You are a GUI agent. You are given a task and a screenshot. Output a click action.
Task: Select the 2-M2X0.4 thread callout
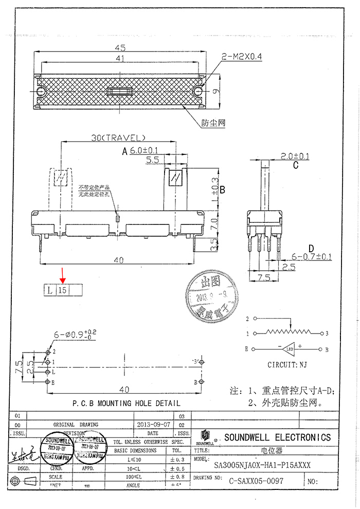(x=241, y=57)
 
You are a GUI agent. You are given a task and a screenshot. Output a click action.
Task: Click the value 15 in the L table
(x=63, y=290)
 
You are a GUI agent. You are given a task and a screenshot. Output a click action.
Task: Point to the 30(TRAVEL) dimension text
(x=118, y=137)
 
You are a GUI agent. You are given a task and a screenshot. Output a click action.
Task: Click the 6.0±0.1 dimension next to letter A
(x=143, y=150)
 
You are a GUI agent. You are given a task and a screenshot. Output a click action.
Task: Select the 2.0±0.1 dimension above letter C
(x=295, y=156)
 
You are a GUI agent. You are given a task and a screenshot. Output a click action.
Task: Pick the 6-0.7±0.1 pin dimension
(x=312, y=256)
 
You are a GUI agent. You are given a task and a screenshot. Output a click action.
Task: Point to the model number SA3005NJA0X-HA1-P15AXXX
(x=262, y=465)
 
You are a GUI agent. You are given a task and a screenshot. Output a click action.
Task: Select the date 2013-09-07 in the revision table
(x=154, y=425)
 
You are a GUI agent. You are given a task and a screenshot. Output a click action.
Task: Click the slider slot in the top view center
(x=119, y=92)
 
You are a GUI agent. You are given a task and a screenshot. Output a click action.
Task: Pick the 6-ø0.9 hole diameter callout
(x=76, y=335)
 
